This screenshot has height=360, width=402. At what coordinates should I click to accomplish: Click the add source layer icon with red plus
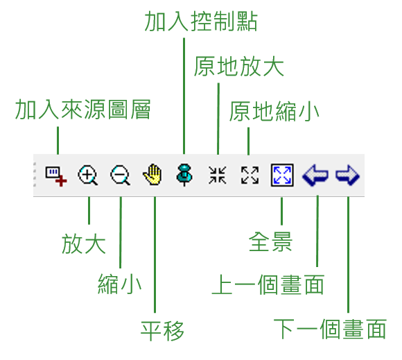point(56,176)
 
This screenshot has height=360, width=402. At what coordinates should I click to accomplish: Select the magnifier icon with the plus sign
point(88,175)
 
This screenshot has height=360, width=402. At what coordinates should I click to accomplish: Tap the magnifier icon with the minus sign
point(120,175)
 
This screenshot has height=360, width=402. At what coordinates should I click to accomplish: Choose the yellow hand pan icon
point(152,174)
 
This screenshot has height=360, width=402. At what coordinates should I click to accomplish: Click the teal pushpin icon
point(184,175)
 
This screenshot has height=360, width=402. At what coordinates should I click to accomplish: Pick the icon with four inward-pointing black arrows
point(217,175)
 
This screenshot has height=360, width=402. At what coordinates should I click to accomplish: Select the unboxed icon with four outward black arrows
point(250,175)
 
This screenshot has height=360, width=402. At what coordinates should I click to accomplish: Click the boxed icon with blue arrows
point(282,175)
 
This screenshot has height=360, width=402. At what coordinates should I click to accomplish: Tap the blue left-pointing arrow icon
point(315,175)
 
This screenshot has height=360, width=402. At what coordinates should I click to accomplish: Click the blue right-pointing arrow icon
point(347,175)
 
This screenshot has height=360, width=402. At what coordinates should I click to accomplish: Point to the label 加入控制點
point(201,22)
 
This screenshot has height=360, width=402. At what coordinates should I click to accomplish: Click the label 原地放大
point(238,66)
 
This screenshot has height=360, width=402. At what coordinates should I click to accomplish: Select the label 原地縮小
point(274,111)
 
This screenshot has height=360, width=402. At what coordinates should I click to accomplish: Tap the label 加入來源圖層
point(82,110)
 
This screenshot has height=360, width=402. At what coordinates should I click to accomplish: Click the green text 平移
point(162,330)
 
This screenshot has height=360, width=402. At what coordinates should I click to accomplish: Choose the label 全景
point(270,241)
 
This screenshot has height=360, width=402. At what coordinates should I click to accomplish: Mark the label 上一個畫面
point(268,284)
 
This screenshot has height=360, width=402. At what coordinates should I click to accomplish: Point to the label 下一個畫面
point(330,329)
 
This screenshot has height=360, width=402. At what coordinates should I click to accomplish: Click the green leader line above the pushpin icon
point(184,96)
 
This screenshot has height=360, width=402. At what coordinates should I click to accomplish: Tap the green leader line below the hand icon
point(155,255)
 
